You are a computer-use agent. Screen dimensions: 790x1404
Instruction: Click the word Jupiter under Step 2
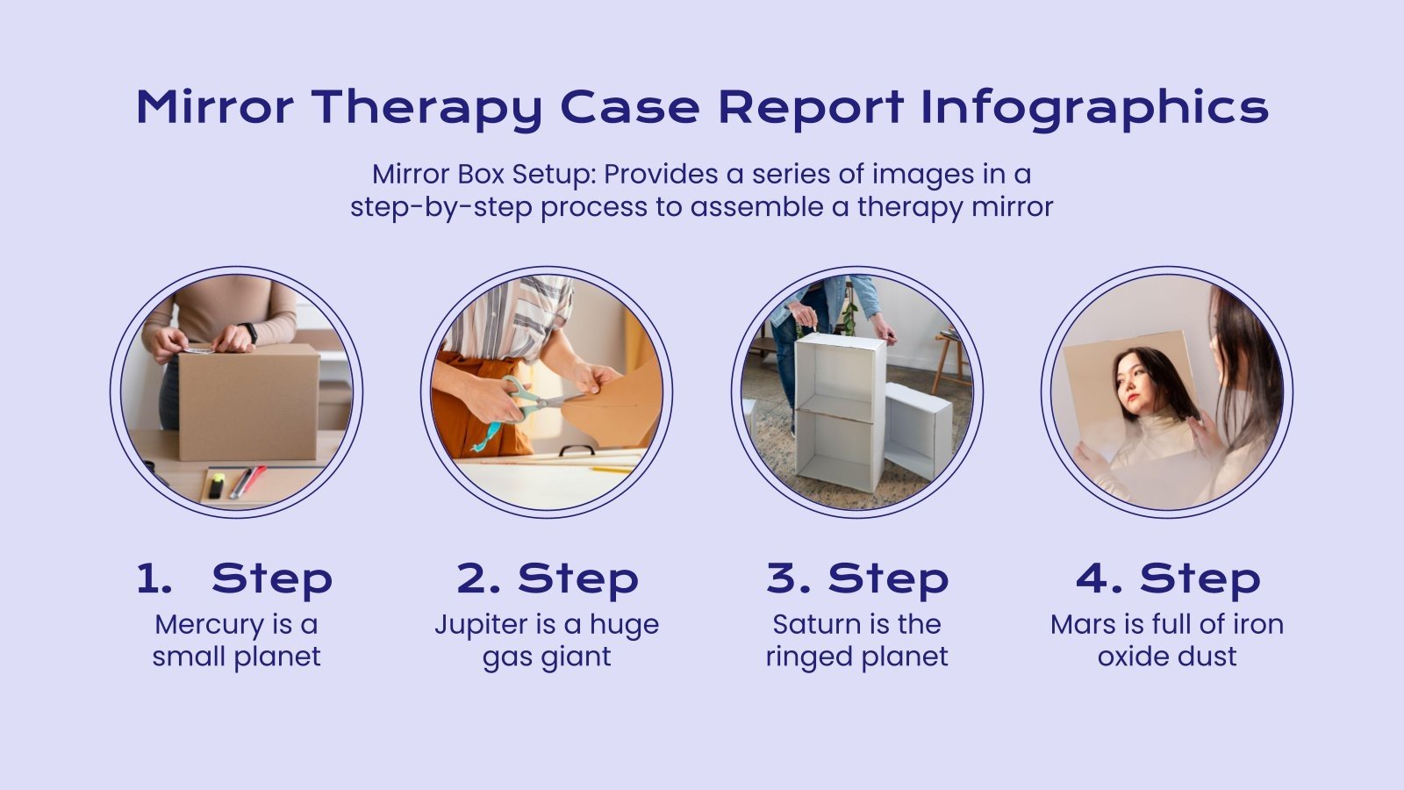(481, 624)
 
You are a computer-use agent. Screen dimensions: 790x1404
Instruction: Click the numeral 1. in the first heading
(154, 579)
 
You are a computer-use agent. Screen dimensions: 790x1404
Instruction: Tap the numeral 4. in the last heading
(1100, 579)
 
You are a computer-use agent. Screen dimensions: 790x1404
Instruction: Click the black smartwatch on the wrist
(251, 333)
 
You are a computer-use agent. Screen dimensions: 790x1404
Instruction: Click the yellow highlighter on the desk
(216, 484)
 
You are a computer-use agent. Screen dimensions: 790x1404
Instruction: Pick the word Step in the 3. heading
(888, 579)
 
